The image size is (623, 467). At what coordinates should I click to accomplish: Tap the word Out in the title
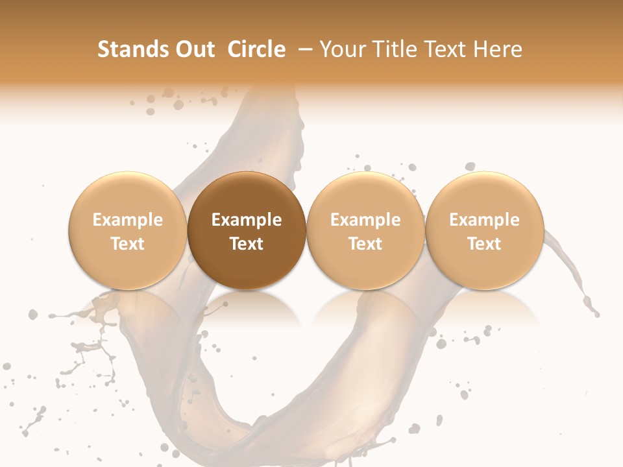(195, 49)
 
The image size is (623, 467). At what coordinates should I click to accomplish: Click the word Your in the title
(341, 49)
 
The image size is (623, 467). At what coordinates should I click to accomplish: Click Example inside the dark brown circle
(247, 220)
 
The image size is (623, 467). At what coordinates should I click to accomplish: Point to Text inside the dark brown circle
(247, 244)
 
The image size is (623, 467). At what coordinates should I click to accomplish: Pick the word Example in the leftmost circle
(127, 220)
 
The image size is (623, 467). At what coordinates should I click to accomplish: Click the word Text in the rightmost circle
(485, 244)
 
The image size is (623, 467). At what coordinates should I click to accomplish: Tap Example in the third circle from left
(365, 220)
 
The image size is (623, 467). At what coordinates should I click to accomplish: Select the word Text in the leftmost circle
(127, 244)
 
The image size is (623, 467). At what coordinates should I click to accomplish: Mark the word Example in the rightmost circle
(485, 220)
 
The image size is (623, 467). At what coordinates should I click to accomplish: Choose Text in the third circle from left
(365, 244)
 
